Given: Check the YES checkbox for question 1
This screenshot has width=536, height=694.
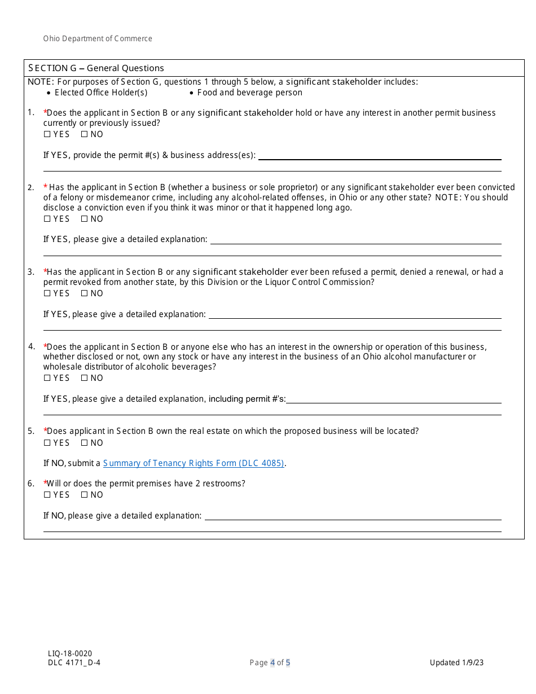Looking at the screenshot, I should coord(47,134).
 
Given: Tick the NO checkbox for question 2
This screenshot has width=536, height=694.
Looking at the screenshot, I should coord(84,219).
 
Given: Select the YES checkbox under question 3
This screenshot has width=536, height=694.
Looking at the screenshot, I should coord(47,293).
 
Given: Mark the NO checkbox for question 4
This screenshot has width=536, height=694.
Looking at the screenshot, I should coord(84,378).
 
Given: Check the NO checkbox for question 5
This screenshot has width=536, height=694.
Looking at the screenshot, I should coord(84,443).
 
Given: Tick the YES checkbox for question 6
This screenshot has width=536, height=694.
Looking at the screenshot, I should coord(47,495).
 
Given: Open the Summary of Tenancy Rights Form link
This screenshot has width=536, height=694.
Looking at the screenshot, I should coord(194,463).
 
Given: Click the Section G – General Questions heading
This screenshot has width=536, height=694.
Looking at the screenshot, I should coord(96,68).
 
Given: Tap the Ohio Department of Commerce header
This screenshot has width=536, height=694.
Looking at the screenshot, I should coord(98,39).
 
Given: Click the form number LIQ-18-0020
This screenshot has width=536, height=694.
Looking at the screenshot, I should coord(70,653).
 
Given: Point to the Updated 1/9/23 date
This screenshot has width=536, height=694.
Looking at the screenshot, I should coord(456,662).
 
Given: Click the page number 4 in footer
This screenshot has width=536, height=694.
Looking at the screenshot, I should coord(273,662).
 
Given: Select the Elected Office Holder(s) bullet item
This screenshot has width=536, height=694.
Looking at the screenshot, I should coord(101,93).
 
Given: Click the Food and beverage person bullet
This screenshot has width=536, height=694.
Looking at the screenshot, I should coord(249,93).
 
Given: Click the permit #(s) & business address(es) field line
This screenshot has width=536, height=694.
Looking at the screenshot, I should coord(379,158).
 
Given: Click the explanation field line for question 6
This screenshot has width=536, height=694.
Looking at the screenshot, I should coord(353,519).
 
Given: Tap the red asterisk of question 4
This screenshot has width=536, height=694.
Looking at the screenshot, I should coord(45,346).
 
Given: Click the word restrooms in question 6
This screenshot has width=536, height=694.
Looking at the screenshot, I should coord(225,484).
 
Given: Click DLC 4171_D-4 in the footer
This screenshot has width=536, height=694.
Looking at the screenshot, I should coord(74,662).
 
